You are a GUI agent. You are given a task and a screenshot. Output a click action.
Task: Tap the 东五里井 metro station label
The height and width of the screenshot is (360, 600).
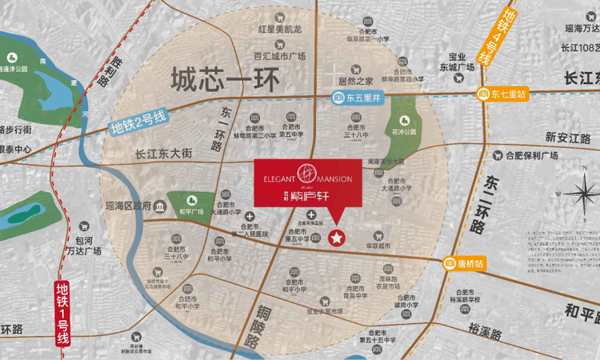[360, 98]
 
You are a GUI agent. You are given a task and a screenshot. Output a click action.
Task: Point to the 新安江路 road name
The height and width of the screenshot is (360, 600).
[566, 137]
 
